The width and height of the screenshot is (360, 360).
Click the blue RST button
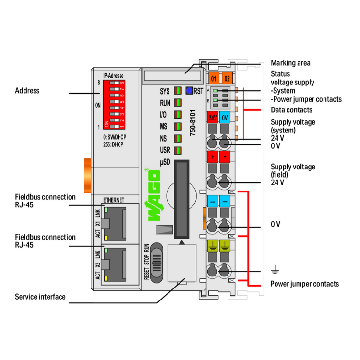click(x=189, y=90)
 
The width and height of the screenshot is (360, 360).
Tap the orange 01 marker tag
click(x=214, y=78)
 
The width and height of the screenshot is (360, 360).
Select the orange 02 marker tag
click(x=227, y=78)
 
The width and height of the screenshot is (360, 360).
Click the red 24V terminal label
click(x=213, y=117)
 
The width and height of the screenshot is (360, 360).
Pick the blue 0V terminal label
click(x=226, y=117)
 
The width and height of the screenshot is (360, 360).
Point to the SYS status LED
click(x=178, y=90)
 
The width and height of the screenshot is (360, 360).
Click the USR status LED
click(x=178, y=151)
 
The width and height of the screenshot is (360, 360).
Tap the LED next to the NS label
click(x=178, y=139)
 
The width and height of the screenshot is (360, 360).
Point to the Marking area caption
click(x=290, y=63)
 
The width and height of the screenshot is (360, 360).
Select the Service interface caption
click(x=40, y=297)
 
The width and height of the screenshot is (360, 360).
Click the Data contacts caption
click(x=291, y=110)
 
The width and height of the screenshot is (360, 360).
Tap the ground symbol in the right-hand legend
click(x=275, y=270)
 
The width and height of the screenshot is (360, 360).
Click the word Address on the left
click(x=27, y=90)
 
